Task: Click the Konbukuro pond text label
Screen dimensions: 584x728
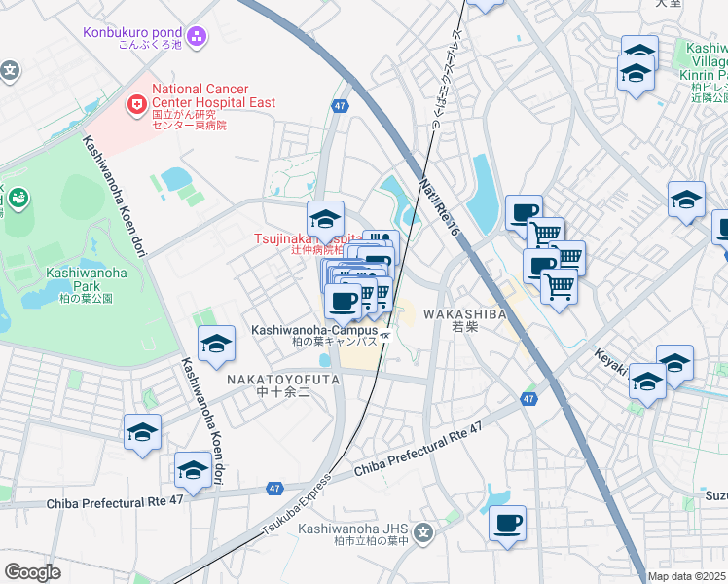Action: pos(131,32)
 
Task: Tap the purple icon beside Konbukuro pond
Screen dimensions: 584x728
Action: pos(198,37)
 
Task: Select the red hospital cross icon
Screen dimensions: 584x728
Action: pos(137,101)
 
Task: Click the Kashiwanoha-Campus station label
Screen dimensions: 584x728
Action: pos(313,331)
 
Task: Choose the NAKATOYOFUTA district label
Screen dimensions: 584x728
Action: pos(283,379)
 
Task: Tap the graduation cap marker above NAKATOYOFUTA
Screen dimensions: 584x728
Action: pos(216,343)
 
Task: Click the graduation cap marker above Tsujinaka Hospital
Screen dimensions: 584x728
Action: pos(326,217)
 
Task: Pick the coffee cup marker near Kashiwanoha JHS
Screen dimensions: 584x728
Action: pos(507,524)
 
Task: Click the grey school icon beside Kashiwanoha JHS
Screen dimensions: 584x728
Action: pos(423,532)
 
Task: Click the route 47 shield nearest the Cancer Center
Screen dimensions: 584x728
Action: pos(339,108)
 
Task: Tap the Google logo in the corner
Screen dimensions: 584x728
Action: pos(32,572)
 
